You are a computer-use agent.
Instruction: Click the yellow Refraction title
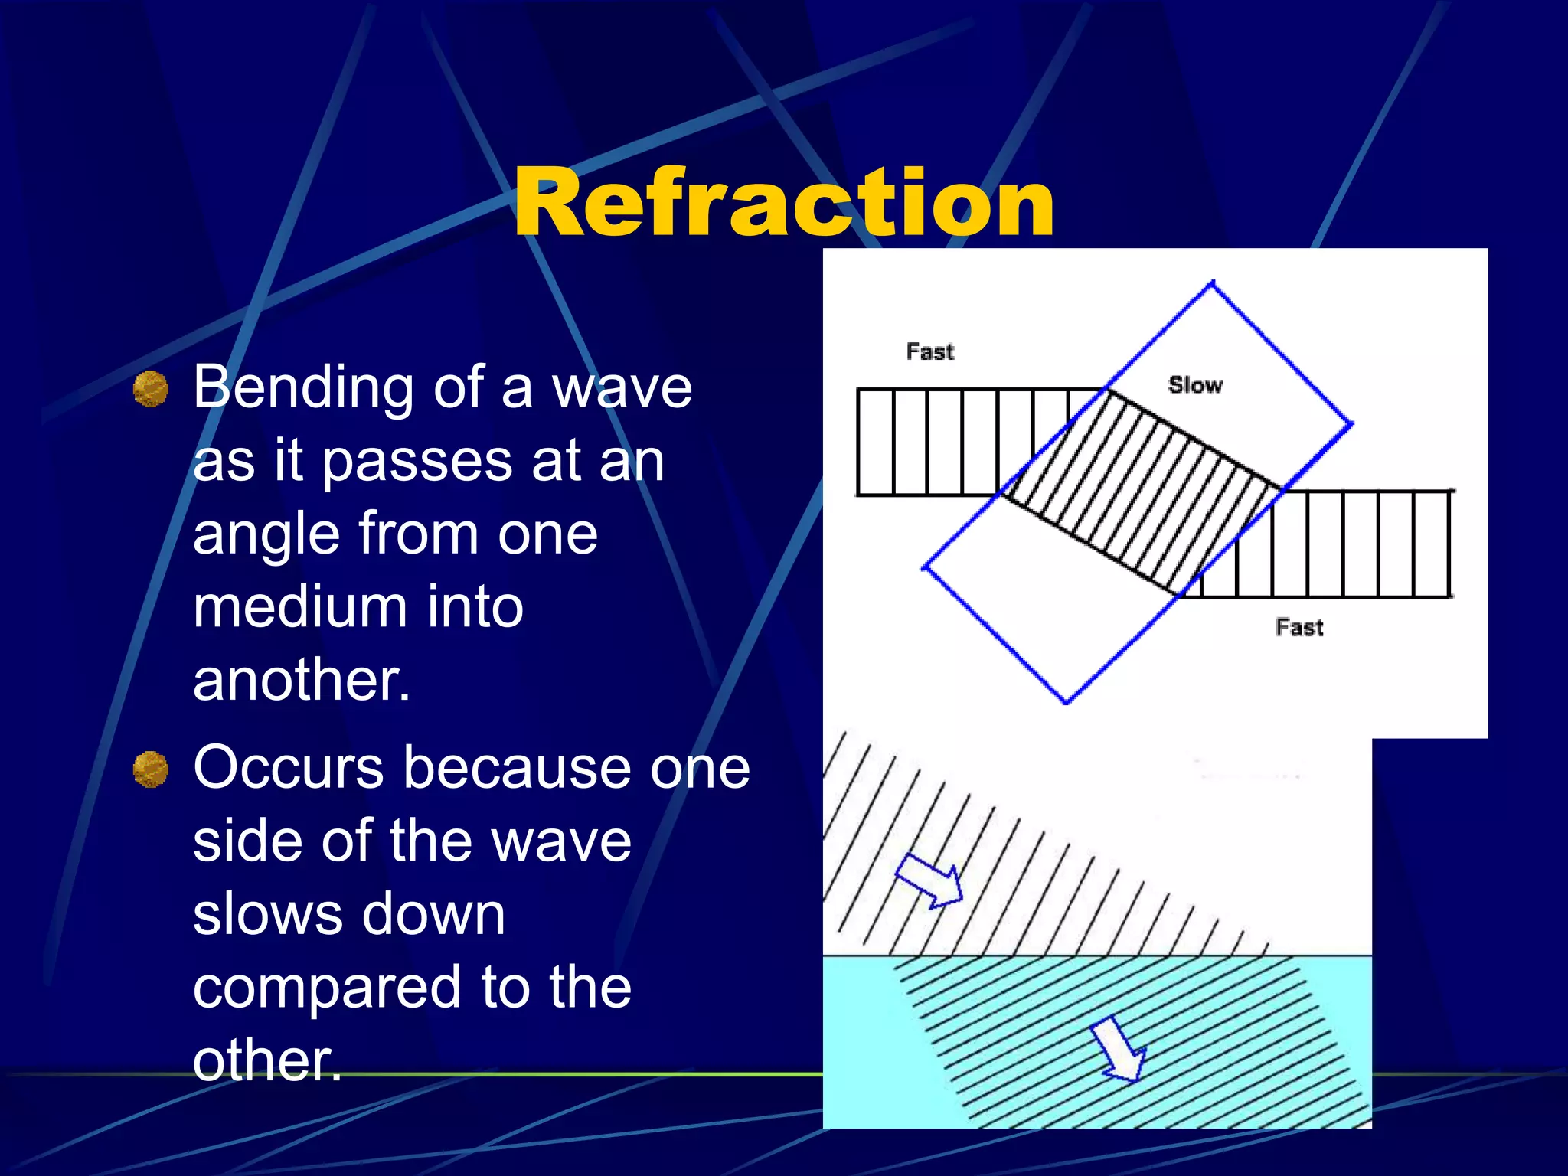pos(784,203)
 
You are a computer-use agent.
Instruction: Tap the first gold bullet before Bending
pos(151,389)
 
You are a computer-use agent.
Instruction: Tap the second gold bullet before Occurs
pos(151,769)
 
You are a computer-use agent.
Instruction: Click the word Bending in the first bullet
pos(301,389)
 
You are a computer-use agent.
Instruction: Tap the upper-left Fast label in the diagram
pos(930,352)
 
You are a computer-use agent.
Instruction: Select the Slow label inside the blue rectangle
pos(1195,385)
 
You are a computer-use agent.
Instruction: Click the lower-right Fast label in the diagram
pos(1299,628)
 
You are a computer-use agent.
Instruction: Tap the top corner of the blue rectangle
pos(1213,284)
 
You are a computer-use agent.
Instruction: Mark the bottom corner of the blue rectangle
pos(1067,701)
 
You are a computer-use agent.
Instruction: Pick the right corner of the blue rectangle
pos(1351,423)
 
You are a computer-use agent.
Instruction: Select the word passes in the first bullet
pos(417,462)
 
